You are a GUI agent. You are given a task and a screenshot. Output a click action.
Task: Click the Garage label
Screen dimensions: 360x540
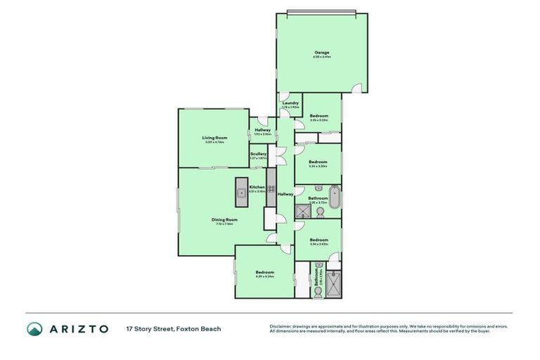click(321, 53)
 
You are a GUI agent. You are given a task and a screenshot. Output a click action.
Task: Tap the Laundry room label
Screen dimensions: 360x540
click(290, 103)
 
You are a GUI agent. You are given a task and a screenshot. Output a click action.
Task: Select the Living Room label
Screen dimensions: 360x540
click(214, 138)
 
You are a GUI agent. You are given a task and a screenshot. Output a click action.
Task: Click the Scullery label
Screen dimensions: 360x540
click(258, 153)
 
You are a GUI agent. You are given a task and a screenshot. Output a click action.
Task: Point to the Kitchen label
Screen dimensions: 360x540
click(257, 186)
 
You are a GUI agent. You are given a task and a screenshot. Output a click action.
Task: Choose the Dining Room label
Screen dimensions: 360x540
click(225, 219)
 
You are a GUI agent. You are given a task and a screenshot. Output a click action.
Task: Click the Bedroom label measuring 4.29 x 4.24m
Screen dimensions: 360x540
click(264, 272)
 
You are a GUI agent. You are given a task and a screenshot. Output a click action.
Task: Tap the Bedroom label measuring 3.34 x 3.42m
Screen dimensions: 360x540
click(319, 240)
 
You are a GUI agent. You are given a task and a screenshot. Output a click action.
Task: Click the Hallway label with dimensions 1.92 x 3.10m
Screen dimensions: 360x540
click(262, 130)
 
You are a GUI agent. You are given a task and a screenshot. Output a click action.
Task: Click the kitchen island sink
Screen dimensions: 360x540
click(240, 191)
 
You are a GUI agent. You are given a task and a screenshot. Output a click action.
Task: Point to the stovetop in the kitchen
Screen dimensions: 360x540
click(271, 188)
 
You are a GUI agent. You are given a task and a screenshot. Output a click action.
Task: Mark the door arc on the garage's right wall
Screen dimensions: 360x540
click(359, 88)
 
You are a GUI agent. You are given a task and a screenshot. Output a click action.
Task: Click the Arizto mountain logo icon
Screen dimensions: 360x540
click(34, 329)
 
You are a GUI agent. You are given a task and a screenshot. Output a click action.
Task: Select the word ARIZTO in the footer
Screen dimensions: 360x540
click(79, 329)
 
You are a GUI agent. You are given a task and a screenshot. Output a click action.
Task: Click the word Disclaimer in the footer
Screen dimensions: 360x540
click(281, 326)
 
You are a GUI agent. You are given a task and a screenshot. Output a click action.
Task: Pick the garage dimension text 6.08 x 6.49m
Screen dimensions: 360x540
click(321, 58)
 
